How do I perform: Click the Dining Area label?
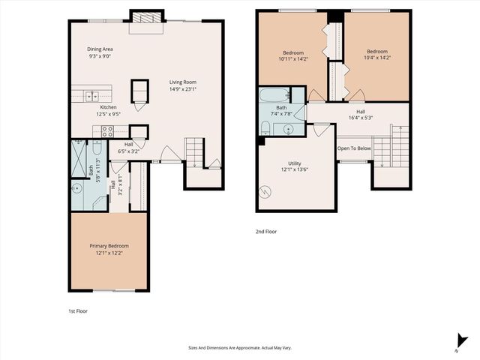point(100,49)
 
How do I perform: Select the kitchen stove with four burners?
point(106,130)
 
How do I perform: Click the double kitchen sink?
point(91,96)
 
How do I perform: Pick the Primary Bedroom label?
point(109,246)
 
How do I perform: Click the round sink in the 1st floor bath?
point(77,188)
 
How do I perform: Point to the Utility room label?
point(295,163)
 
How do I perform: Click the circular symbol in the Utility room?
point(265,192)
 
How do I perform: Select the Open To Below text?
point(354,148)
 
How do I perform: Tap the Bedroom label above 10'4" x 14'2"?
point(377,52)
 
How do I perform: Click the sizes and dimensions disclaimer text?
point(240,348)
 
